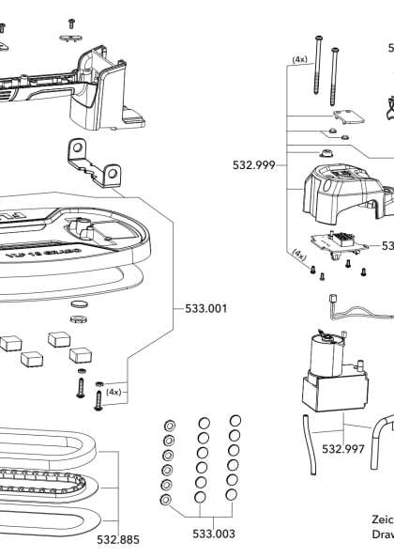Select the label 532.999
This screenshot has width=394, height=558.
[x=253, y=165]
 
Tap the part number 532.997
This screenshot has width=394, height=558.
[x=342, y=449]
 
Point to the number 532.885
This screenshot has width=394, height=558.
[x=118, y=540]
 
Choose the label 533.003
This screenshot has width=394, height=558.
[x=214, y=534]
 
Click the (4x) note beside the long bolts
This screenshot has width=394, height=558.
[x=300, y=59]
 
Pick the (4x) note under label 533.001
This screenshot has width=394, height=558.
[x=114, y=390]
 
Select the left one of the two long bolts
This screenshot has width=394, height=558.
[x=321, y=70]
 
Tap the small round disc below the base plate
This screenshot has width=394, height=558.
[x=80, y=306]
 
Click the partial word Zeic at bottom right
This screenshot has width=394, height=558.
[x=383, y=519]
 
